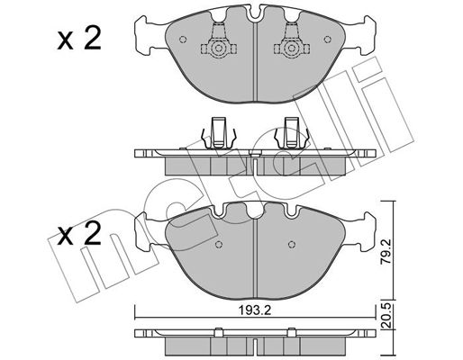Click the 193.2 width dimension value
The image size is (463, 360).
pos(255,310)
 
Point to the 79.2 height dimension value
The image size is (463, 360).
pos(386,251)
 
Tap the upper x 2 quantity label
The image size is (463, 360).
pos(79,39)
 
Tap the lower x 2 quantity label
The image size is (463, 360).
pos(79,233)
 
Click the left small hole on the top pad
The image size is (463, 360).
pos(183,40)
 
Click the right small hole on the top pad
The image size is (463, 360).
pos(328,40)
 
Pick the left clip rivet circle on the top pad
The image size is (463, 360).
pos(218,49)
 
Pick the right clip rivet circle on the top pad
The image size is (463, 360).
pos(291,49)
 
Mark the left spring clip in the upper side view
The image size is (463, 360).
pos(218,132)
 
